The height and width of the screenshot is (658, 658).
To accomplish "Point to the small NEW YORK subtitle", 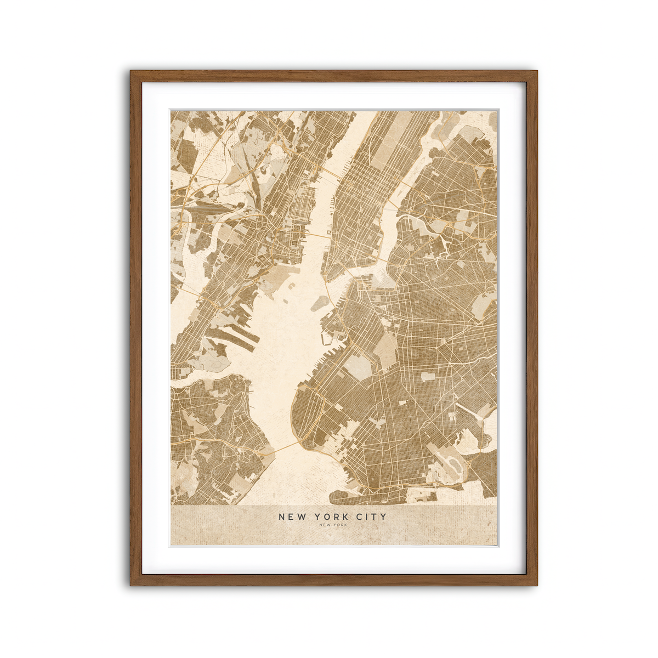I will pos(332,525).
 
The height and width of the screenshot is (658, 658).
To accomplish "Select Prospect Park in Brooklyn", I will pos(386,351).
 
